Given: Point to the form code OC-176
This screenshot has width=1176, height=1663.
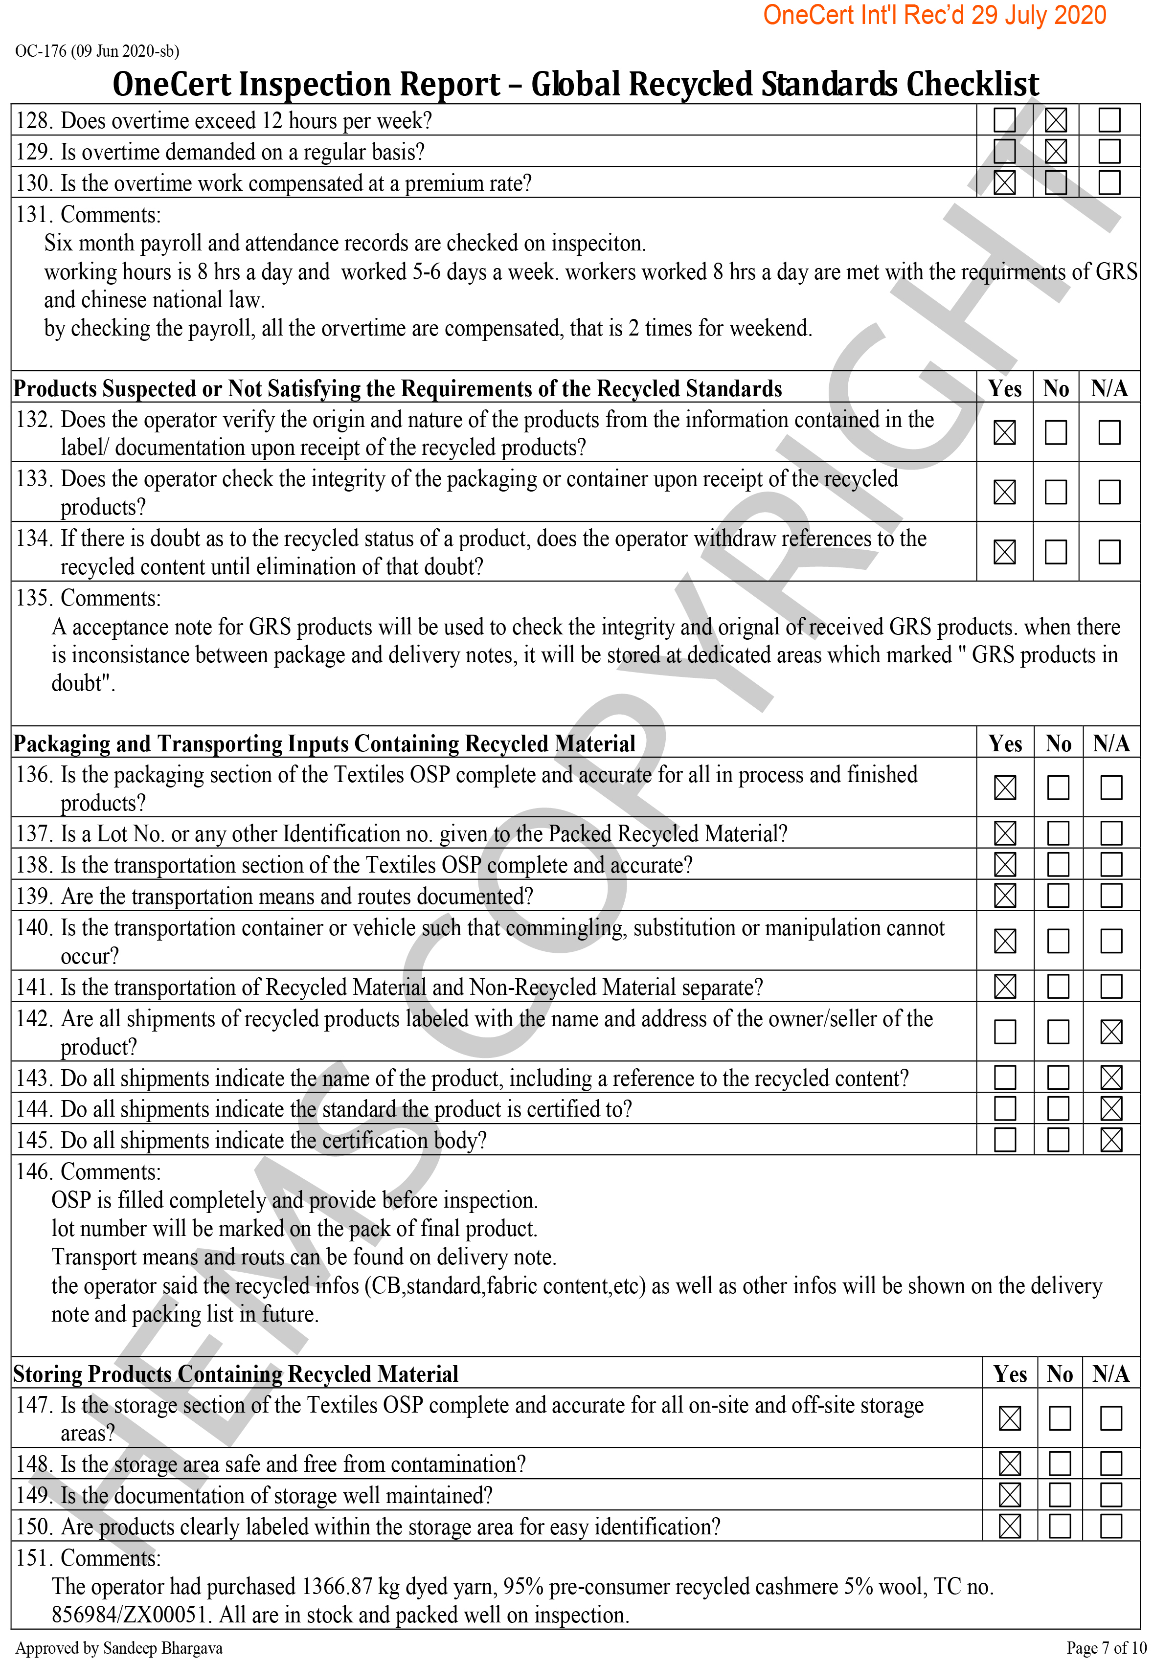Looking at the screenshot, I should point(41,51).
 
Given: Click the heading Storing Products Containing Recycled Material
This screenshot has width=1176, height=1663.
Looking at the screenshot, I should point(235,1374).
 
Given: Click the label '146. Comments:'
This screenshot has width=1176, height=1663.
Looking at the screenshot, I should point(89,1172).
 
